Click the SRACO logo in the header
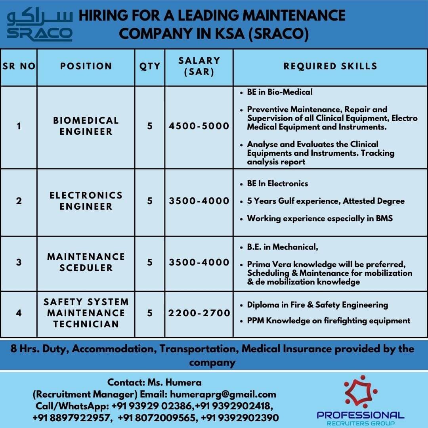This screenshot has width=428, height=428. click(40, 25)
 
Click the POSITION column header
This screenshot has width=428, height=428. click(86, 66)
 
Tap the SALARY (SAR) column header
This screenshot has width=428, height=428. click(199, 66)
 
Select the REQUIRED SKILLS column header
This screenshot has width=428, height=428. click(330, 66)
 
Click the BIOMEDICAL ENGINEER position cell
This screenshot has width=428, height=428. click(86, 126)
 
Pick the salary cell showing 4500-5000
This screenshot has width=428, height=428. click(199, 126)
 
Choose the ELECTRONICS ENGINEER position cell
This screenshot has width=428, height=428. click(86, 201)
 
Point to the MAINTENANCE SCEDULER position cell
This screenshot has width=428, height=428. click(86, 262)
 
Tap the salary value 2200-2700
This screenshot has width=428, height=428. click(199, 313)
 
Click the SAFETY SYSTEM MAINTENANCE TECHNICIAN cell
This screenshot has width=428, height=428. click(86, 313)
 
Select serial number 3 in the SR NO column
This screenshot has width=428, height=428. click(19, 262)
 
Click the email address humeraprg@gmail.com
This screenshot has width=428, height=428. click(223, 394)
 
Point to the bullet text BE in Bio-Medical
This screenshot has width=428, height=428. click(279, 92)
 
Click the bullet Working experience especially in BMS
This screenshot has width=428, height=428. click(320, 218)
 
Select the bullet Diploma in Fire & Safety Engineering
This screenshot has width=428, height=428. click(317, 305)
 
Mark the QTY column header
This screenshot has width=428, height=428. click(150, 66)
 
